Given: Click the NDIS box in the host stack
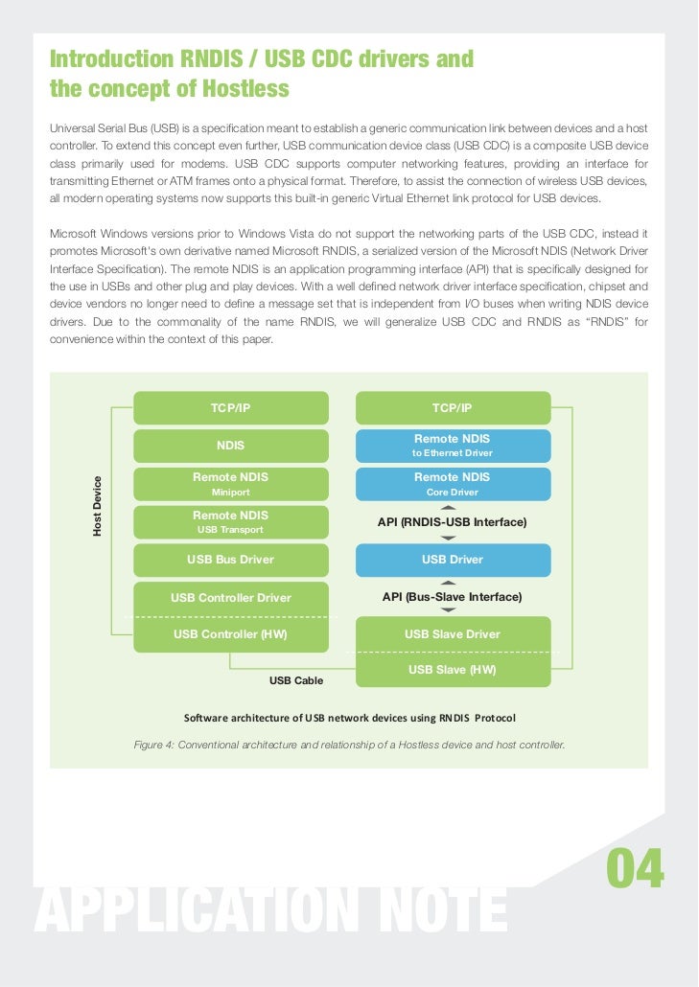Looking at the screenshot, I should click(230, 446).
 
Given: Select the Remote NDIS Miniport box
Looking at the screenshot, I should click(230, 484).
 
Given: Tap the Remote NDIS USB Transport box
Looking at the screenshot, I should click(230, 522).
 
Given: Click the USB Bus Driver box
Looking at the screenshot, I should click(230, 560).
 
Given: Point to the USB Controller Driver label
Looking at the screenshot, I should click(230, 598).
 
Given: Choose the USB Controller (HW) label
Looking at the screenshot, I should click(230, 633).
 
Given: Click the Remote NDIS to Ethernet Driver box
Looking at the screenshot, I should click(453, 446).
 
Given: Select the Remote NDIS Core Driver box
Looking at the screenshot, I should click(453, 484).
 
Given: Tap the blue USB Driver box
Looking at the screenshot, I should click(453, 560).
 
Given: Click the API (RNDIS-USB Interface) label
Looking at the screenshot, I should click(453, 522).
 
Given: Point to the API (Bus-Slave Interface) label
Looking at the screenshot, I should click(453, 597).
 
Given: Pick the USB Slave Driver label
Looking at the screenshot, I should click(453, 633).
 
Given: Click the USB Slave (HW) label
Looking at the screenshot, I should click(453, 670).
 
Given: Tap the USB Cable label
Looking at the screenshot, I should click(296, 680).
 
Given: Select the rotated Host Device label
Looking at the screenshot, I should click(97, 505).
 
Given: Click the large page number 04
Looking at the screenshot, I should click(635, 870).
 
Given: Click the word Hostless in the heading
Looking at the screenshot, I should click(241, 90).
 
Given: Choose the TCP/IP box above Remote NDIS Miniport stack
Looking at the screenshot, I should click(230, 408).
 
